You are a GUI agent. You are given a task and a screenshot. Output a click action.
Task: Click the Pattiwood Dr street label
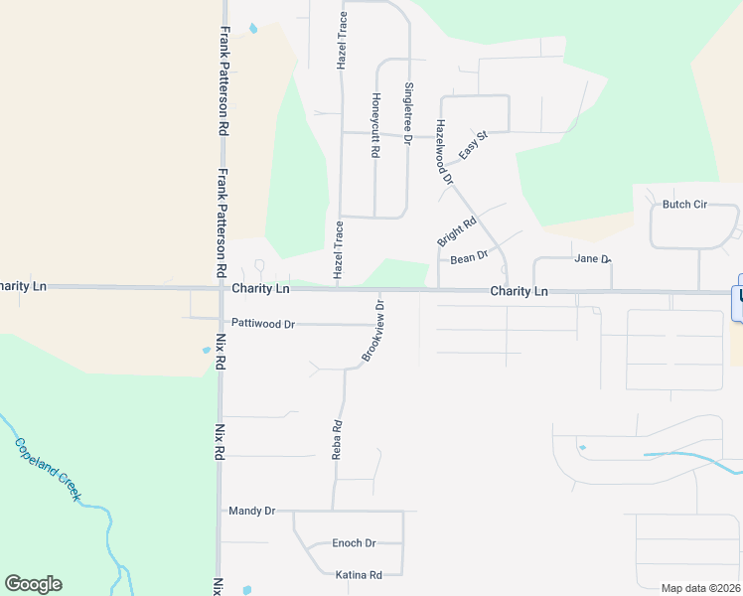pyautogui.click(x=263, y=324)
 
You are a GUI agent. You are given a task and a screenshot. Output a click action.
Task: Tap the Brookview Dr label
pyautogui.click(x=374, y=328)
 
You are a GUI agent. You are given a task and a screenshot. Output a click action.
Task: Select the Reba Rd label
pyautogui.click(x=337, y=439)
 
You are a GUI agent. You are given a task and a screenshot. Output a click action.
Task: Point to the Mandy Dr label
pyautogui.click(x=251, y=511)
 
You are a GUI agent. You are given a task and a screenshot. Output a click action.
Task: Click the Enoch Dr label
pyautogui.click(x=354, y=543)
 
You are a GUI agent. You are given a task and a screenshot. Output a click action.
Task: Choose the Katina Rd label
pyautogui.click(x=359, y=575)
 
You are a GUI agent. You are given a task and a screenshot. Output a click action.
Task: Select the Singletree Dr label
pyautogui.click(x=407, y=113)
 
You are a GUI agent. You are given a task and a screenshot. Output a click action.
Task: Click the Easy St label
pyautogui.click(x=474, y=146)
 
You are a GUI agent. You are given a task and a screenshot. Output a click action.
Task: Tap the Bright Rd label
pyautogui.click(x=457, y=231)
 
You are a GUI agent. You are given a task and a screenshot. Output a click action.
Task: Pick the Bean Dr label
pyautogui.click(x=469, y=257)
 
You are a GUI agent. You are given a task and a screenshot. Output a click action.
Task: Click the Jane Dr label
pyautogui.click(x=592, y=259)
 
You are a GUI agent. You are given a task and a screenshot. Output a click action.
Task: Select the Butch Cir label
pyautogui.click(x=684, y=205)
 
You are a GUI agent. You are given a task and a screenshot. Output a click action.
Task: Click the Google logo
pyautogui.click(x=33, y=584)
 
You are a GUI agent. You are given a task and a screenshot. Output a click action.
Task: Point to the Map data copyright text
pyautogui.click(x=700, y=588)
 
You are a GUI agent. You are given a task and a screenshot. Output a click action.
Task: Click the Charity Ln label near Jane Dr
pyautogui.click(x=519, y=292)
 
